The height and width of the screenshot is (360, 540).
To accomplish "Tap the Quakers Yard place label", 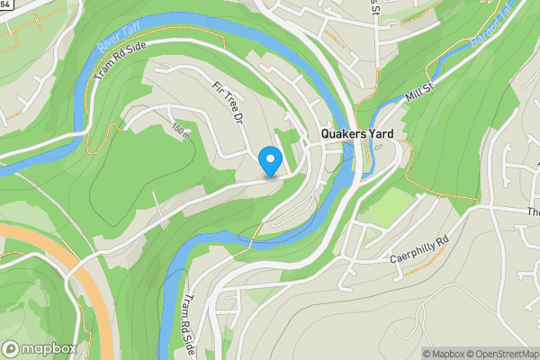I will [358, 133].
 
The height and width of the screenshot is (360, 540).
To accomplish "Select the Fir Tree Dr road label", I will [228, 103].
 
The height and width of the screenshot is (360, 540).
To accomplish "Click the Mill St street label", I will [420, 88].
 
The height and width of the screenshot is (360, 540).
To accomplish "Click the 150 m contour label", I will [180, 131].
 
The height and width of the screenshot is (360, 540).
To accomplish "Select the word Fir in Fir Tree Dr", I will [216, 88].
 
